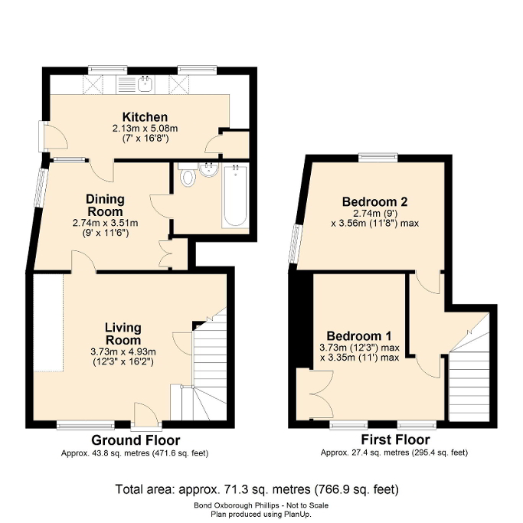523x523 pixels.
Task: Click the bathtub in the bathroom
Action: pos(234,196)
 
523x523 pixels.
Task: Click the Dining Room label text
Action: pos(105,205)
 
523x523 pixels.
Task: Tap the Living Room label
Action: pos(123,334)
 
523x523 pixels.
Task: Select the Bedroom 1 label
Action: pos(359,336)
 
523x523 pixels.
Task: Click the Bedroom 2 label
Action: pos(374,202)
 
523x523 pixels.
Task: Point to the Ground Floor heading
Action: pos(136,440)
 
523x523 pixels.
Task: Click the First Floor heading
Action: pos(395,440)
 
